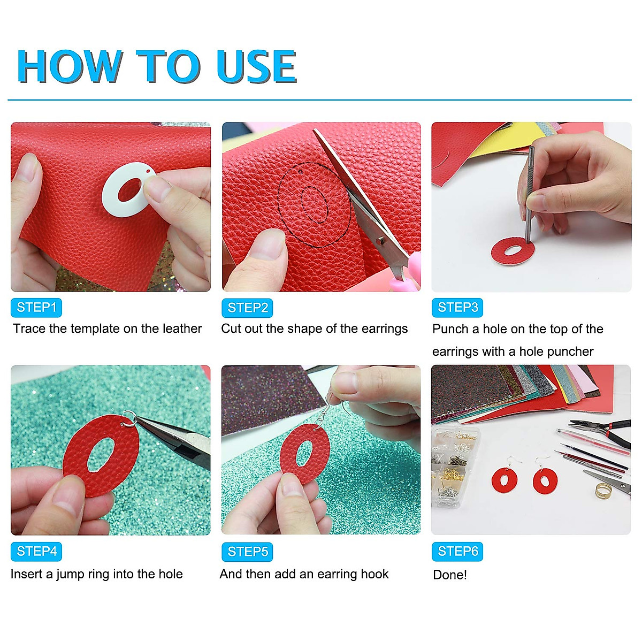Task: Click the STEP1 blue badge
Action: tap(36, 307)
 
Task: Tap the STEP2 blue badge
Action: tap(247, 308)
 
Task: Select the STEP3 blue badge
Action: tap(457, 307)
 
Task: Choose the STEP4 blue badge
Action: tap(36, 552)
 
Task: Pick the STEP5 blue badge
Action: tap(247, 552)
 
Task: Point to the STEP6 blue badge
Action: tap(457, 552)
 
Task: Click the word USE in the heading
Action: tap(257, 66)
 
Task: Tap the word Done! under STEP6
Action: tap(450, 575)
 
